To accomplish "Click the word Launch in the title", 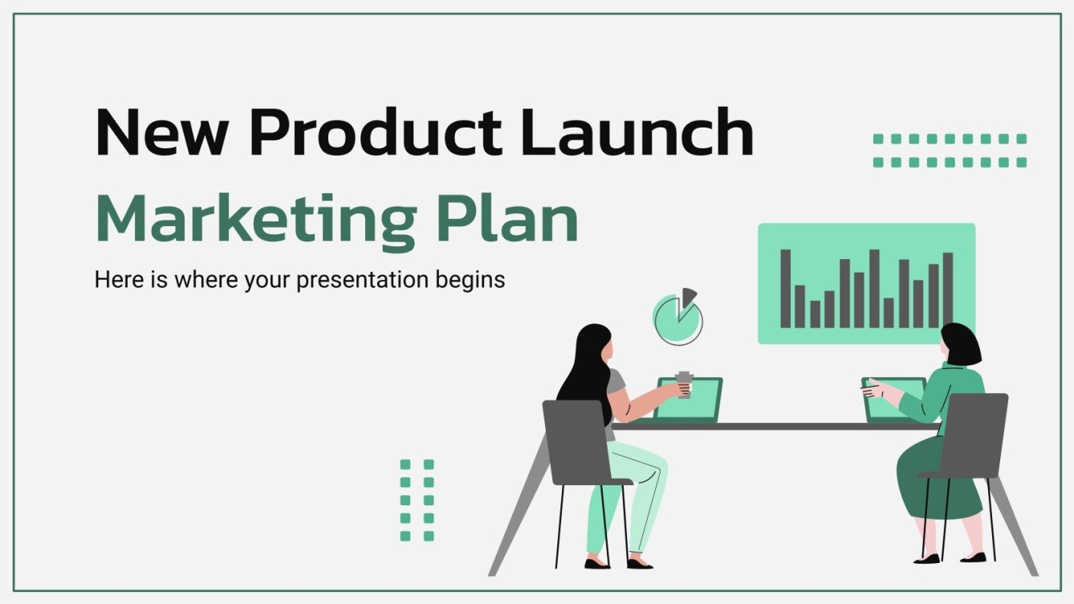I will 636,132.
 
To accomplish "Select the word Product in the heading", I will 375,132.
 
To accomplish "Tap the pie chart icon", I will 676,320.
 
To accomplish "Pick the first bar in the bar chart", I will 785,289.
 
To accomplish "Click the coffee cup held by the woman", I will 684,384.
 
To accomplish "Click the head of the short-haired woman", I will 960,345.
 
